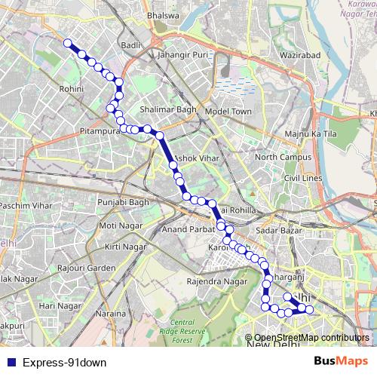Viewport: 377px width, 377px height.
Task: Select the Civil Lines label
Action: [x=302, y=177]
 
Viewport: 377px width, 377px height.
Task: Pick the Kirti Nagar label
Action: [x=125, y=247]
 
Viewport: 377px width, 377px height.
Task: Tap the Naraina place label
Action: [x=111, y=312]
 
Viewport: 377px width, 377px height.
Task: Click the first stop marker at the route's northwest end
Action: [x=68, y=43]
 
